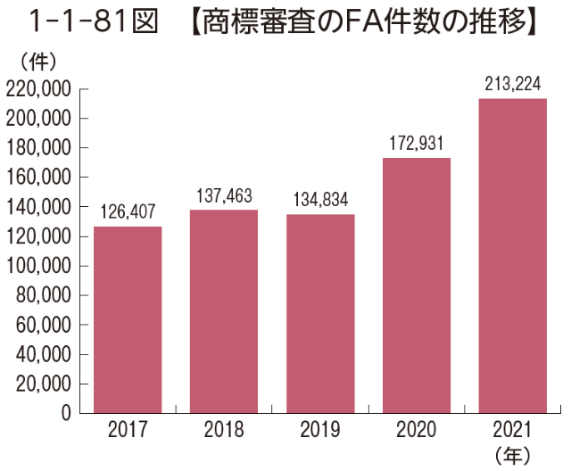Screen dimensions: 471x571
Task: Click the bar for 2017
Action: click(x=128, y=319)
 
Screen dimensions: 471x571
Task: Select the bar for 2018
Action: click(x=224, y=311)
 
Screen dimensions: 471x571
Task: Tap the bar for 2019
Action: click(x=320, y=313)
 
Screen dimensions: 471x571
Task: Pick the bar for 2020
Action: click(x=417, y=285)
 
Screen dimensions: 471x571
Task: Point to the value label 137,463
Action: click(x=224, y=197)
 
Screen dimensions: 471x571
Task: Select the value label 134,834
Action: click(x=320, y=200)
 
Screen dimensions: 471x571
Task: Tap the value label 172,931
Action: click(x=417, y=143)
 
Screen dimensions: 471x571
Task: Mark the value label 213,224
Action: click(x=513, y=84)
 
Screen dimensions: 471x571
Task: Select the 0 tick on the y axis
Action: click(x=65, y=413)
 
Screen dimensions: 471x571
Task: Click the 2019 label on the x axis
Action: click(x=320, y=431)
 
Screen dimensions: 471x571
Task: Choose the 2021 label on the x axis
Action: click(x=513, y=431)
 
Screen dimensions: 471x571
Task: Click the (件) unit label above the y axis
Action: click(x=37, y=62)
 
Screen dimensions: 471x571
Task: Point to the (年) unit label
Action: click(x=513, y=453)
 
